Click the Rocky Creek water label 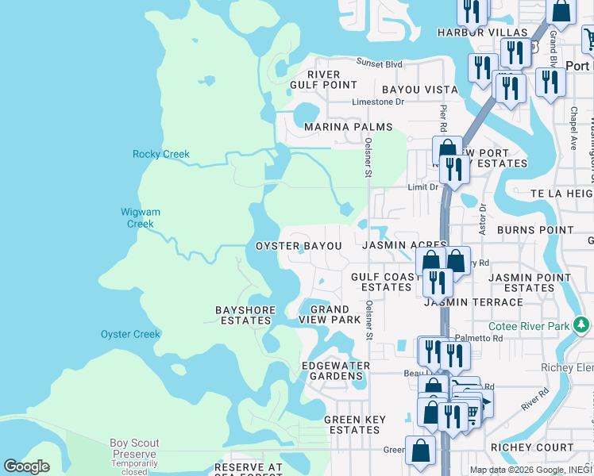click(x=161, y=154)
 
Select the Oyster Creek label click(x=130, y=334)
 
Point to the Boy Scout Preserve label click(x=134, y=448)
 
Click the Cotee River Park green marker click(x=581, y=325)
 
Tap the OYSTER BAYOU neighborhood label click(x=299, y=246)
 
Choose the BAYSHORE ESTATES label click(x=245, y=315)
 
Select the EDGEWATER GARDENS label click(x=336, y=370)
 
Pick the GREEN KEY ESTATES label click(x=354, y=424)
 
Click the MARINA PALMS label click(x=348, y=127)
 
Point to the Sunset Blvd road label click(x=380, y=63)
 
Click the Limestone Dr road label click(x=379, y=102)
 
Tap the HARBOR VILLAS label click(x=483, y=33)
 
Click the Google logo click(x=26, y=466)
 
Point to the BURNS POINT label click(x=534, y=230)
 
